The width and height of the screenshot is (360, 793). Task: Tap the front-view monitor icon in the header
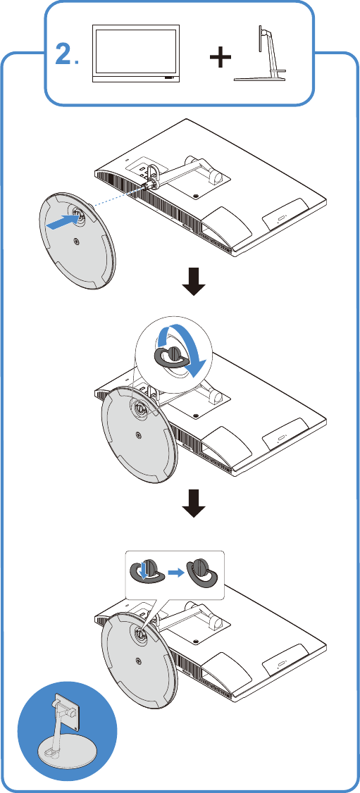coord(137,55)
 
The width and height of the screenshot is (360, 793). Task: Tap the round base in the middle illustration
coord(139,437)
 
